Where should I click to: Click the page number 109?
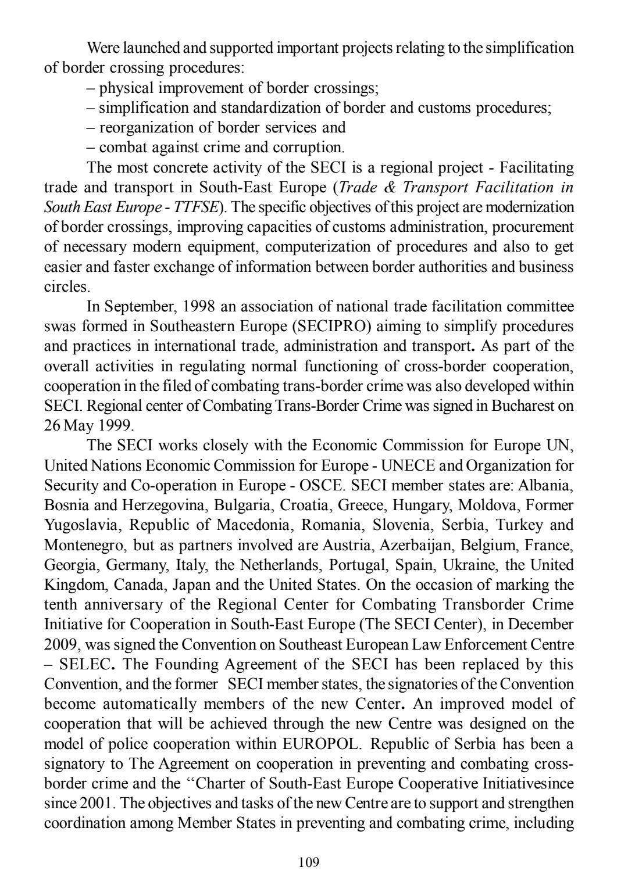[x=308, y=862]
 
